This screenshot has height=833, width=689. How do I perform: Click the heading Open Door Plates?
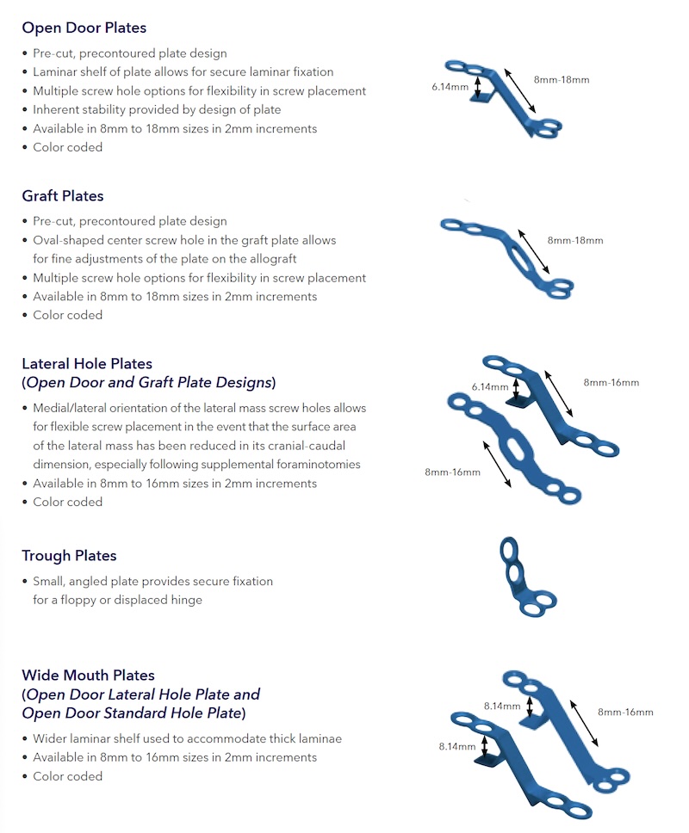[84, 28]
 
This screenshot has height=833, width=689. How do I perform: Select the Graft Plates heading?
[63, 195]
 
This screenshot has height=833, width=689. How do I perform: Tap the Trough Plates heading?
[69, 556]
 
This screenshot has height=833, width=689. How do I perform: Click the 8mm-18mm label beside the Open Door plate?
[562, 80]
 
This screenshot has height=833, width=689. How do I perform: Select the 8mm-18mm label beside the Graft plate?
[575, 240]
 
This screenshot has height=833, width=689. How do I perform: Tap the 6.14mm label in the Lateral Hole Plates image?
[490, 387]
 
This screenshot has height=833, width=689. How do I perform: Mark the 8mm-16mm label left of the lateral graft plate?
[453, 472]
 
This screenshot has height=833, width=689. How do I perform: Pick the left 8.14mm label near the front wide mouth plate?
[456, 747]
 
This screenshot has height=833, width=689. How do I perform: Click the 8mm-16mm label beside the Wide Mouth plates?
[625, 712]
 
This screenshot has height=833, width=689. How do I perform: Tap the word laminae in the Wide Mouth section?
[321, 739]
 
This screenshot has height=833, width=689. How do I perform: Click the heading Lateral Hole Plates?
[87, 364]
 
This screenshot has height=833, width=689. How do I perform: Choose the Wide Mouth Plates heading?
[89, 676]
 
